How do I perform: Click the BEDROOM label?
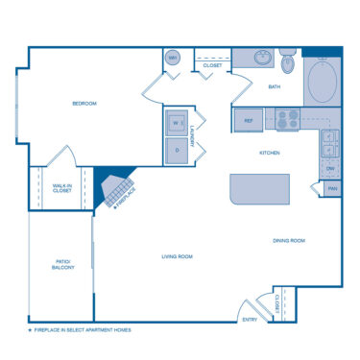point(84,104)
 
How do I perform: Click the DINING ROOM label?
point(289,240)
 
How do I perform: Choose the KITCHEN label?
point(270,153)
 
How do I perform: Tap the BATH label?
point(274,87)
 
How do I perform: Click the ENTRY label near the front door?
point(250,320)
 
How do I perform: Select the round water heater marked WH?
point(174,59)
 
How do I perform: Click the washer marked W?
point(177,123)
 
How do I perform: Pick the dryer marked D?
point(177,149)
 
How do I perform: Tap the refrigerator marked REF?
point(248,121)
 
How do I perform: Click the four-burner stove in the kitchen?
point(288,120)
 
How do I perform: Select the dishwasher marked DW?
point(330,168)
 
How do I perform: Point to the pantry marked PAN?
point(332,188)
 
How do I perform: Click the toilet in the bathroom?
point(287,61)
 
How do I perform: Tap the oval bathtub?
point(324,84)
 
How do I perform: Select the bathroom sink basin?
point(260,58)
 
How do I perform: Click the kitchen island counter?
point(259,188)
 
